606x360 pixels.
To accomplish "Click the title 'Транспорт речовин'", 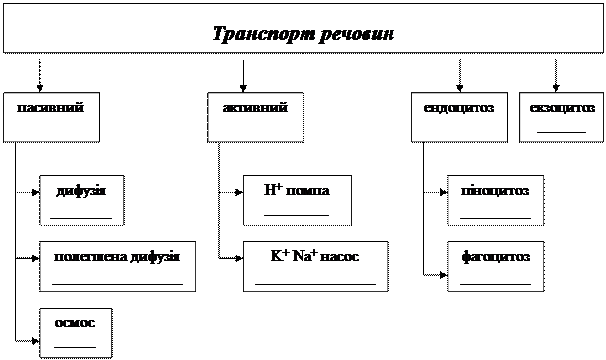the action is tap(303, 34).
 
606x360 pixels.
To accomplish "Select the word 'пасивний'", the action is tap(50, 107).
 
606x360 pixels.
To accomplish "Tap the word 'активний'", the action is tap(255, 107).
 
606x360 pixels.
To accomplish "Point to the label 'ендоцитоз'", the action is tap(459, 108).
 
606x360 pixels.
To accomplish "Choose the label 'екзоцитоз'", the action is tap(562, 108).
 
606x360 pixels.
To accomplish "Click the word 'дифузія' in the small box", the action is tap(81, 191).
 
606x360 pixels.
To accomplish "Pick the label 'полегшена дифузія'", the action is tap(117, 257).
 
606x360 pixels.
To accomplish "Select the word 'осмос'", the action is tap(75, 322).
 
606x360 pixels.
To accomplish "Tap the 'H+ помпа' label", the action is tap(297, 190).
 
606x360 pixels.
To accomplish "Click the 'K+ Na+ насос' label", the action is tap(314, 256).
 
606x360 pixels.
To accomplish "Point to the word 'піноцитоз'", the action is tap(494, 191).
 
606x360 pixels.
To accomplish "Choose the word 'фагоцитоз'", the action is tap(495, 257).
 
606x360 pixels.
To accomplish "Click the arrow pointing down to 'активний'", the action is tap(243, 76).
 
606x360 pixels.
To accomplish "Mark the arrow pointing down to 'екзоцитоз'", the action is tap(556, 76).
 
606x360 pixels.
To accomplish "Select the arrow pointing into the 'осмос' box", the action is tap(27, 341).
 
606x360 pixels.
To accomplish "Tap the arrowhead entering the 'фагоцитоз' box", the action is tap(443, 275).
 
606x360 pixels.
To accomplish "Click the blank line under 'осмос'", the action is tap(75, 347).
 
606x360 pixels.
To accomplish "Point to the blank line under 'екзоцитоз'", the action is tap(562, 132).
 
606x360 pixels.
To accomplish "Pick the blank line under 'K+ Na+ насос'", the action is tap(315, 284).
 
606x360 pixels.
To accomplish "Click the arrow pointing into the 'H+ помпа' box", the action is tap(231, 192).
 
